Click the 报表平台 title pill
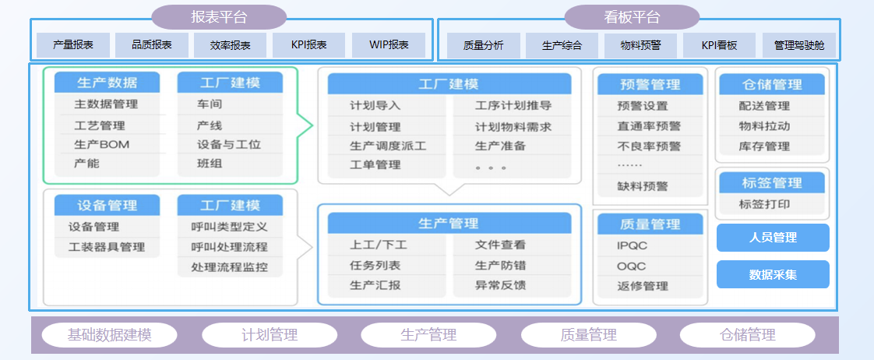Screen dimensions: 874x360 pyautogui.click(x=218, y=17)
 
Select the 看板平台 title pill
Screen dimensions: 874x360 pyautogui.click(x=632, y=17)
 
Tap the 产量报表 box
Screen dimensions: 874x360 pyautogui.click(x=73, y=45)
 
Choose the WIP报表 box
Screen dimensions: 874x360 pyautogui.click(x=389, y=45)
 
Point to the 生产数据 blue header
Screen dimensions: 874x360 pyautogui.click(x=107, y=83)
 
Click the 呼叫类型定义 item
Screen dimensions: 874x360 pyautogui.click(x=230, y=227)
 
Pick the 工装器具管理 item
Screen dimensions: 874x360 pyautogui.click(x=107, y=247)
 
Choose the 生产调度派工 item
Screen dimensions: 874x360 pyautogui.click(x=387, y=146)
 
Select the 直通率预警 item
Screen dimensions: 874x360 pyautogui.click(x=650, y=126)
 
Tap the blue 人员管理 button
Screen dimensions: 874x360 pyautogui.click(x=773, y=238)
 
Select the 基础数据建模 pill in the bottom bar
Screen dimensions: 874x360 pyautogui.click(x=109, y=335)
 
